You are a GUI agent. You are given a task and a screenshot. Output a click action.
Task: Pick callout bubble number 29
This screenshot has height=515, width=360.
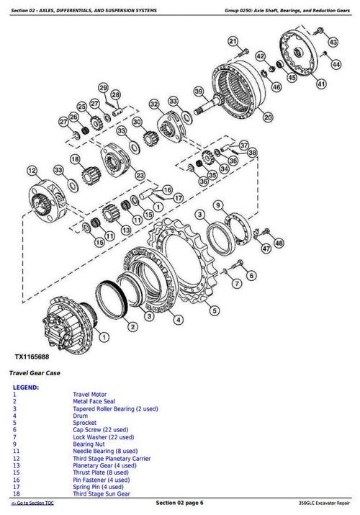103,88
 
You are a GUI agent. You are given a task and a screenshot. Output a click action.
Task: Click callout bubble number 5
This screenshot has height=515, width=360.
214,310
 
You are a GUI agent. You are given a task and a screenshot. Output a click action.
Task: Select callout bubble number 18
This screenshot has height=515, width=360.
74,159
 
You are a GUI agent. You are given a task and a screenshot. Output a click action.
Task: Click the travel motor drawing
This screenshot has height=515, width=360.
68,320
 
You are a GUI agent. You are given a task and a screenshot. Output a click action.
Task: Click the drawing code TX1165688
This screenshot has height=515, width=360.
34,357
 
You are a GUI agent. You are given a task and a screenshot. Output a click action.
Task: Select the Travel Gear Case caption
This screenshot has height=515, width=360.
34,373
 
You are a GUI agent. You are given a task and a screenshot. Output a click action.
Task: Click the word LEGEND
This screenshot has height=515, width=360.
26,388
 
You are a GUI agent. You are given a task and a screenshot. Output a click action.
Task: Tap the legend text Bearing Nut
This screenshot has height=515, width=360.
91,445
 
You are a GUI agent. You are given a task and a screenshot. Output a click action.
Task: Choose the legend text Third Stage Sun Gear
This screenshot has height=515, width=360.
105,493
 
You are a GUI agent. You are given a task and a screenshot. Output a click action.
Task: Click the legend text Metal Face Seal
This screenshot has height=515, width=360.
94,401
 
